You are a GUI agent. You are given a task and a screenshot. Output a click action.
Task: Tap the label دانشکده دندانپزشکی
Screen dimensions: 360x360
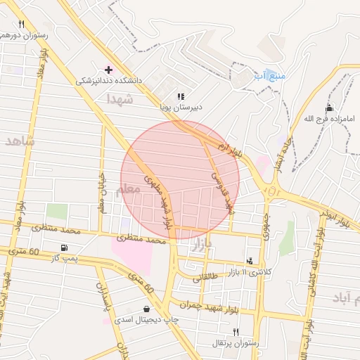click(x=109, y=81)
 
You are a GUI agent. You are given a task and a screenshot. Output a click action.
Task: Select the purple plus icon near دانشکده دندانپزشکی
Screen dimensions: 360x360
click(x=108, y=70)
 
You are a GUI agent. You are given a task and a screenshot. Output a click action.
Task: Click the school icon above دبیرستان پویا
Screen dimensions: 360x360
click(x=181, y=96)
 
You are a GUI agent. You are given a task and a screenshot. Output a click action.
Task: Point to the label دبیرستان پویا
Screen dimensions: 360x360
click(x=180, y=108)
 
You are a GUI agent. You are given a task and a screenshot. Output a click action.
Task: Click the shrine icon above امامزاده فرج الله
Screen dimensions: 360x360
click(x=329, y=108)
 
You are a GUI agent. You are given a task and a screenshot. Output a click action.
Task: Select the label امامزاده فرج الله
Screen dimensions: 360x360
click(x=329, y=119)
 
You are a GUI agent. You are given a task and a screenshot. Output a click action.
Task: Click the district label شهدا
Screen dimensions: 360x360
click(x=120, y=100)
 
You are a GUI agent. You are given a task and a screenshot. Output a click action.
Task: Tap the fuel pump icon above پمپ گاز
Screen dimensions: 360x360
click(x=65, y=247)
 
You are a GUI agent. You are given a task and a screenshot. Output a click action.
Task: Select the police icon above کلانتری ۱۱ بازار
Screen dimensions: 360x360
click(x=251, y=260)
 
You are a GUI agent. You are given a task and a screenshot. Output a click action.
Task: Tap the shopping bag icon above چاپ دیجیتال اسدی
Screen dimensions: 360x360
click(x=146, y=309)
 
